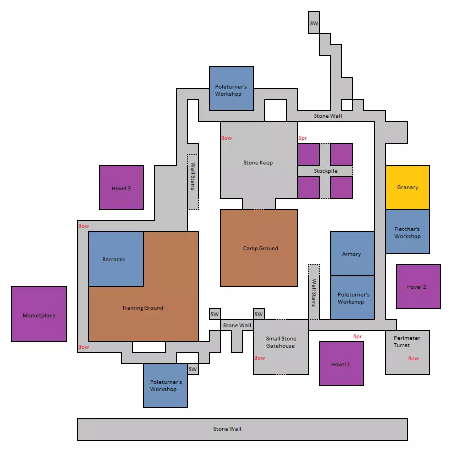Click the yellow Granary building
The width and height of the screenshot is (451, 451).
(408, 187)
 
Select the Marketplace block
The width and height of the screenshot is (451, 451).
(39, 314)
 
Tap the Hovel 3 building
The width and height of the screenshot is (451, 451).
(122, 188)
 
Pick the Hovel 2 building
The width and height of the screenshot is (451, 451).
(419, 287)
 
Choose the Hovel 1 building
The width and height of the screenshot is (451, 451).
(342, 364)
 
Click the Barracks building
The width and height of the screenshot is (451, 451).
(116, 259)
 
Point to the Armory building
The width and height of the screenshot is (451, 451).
(353, 254)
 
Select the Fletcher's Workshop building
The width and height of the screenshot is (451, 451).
(408, 232)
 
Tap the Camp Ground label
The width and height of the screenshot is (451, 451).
(261, 248)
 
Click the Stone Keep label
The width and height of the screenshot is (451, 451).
(258, 162)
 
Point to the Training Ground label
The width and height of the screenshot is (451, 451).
(142, 308)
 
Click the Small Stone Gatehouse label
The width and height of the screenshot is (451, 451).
(280, 342)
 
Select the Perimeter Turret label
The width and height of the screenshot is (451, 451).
(406, 342)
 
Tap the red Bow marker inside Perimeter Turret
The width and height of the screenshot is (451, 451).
(413, 359)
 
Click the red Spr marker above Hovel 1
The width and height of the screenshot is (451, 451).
(358, 337)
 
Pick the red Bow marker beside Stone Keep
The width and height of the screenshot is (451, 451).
(227, 138)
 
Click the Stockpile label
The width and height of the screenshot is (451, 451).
(326, 171)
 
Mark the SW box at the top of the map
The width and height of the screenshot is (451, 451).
(314, 23)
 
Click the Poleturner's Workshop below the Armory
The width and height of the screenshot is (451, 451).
(353, 298)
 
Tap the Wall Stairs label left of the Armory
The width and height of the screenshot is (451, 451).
(314, 293)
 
